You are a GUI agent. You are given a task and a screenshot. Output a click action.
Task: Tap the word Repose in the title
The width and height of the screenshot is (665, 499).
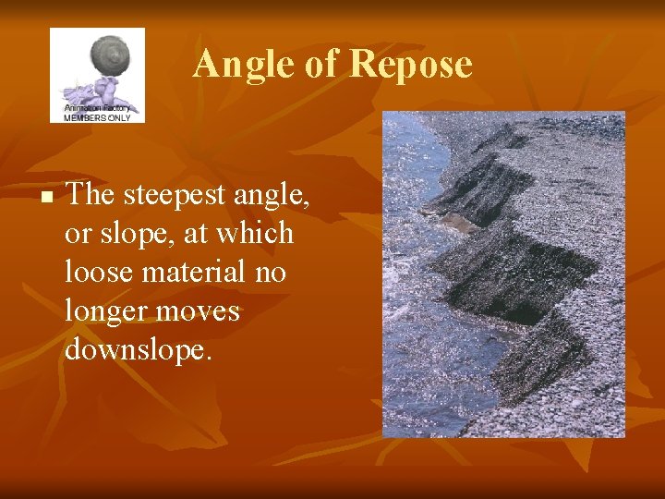click(412, 65)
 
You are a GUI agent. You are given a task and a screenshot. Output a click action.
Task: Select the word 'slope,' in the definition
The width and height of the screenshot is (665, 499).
click(139, 234)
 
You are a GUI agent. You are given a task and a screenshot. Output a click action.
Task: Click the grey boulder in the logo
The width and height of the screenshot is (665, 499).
click(108, 55)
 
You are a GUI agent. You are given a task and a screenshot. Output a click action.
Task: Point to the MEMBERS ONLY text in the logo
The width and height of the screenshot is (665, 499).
click(99, 116)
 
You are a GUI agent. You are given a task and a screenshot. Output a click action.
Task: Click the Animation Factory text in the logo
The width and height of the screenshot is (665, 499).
click(99, 107)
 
